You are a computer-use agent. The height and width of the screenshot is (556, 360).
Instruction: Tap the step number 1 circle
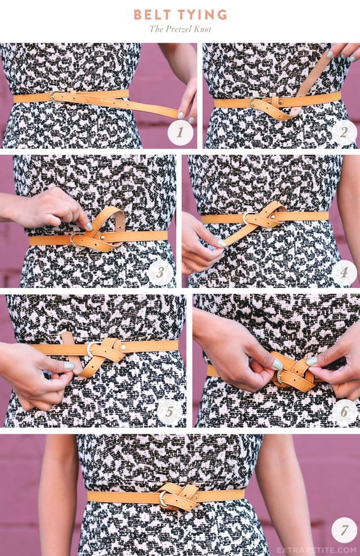point(181,133)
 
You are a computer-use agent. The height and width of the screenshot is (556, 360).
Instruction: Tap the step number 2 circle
point(344,133)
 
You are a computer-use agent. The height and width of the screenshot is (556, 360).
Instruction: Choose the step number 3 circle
point(160,272)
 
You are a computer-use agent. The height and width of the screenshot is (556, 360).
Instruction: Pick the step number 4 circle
point(344,272)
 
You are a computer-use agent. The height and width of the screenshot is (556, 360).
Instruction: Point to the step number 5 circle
point(170,412)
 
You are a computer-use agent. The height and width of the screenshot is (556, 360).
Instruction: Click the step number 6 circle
point(344,412)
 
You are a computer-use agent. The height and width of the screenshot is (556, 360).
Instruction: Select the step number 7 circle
point(344,530)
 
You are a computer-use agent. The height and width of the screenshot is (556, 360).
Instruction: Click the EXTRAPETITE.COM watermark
point(316,550)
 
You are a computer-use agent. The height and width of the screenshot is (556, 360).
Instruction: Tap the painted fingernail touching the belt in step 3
point(89,226)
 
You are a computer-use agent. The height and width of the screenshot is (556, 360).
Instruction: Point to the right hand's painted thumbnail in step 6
point(312,361)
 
